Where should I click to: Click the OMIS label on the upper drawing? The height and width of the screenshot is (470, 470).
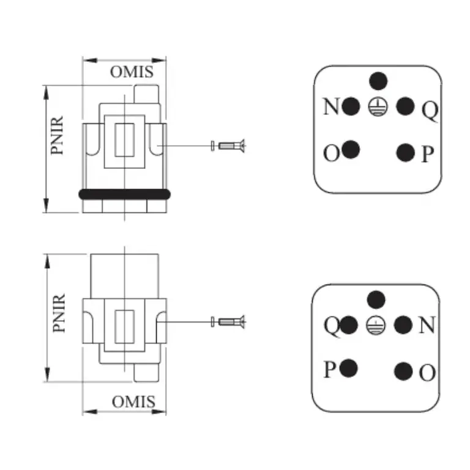pyautogui.click(x=132, y=72)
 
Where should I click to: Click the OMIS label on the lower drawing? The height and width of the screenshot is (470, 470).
pyautogui.click(x=133, y=401)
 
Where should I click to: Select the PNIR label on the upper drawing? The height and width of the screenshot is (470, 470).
pyautogui.click(x=57, y=135)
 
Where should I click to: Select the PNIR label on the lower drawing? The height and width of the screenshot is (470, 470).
pyautogui.click(x=59, y=313)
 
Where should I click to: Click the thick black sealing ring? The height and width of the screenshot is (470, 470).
pyautogui.click(x=124, y=195)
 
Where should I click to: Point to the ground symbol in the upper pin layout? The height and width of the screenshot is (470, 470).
pyautogui.click(x=378, y=106)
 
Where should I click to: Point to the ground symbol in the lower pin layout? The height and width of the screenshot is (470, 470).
pyautogui.click(x=376, y=325)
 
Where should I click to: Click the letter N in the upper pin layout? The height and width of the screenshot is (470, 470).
pyautogui.click(x=331, y=106)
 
